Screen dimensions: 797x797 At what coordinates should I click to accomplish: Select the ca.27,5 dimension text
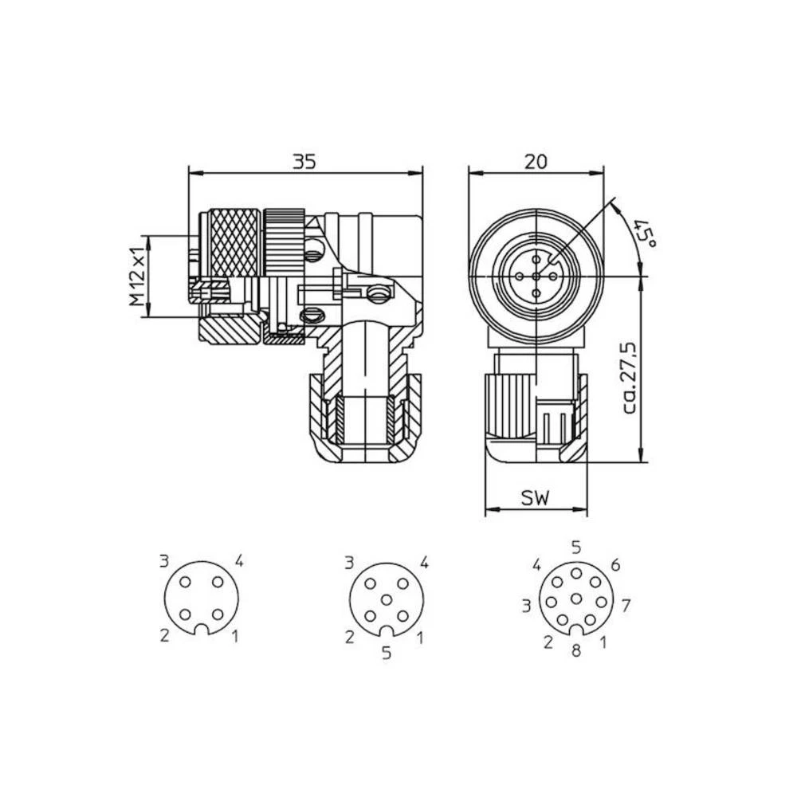630,376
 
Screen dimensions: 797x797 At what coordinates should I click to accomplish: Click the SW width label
536,500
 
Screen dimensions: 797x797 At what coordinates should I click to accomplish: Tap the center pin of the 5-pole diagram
387,599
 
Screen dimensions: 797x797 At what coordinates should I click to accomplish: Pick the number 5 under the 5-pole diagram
387,654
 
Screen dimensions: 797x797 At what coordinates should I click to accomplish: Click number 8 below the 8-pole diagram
576,651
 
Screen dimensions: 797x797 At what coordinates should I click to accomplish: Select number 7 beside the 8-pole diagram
626,606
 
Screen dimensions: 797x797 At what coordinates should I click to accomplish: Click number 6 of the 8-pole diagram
614,565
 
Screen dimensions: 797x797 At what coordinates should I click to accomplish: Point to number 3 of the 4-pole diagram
164,561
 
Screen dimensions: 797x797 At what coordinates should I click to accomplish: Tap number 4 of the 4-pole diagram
238,561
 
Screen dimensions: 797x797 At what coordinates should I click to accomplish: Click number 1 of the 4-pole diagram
235,635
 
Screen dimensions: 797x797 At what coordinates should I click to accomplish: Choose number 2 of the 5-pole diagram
349,637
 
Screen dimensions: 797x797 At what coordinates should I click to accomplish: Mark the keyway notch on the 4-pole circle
202,630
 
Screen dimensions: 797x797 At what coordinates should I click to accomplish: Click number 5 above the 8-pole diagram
576,547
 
